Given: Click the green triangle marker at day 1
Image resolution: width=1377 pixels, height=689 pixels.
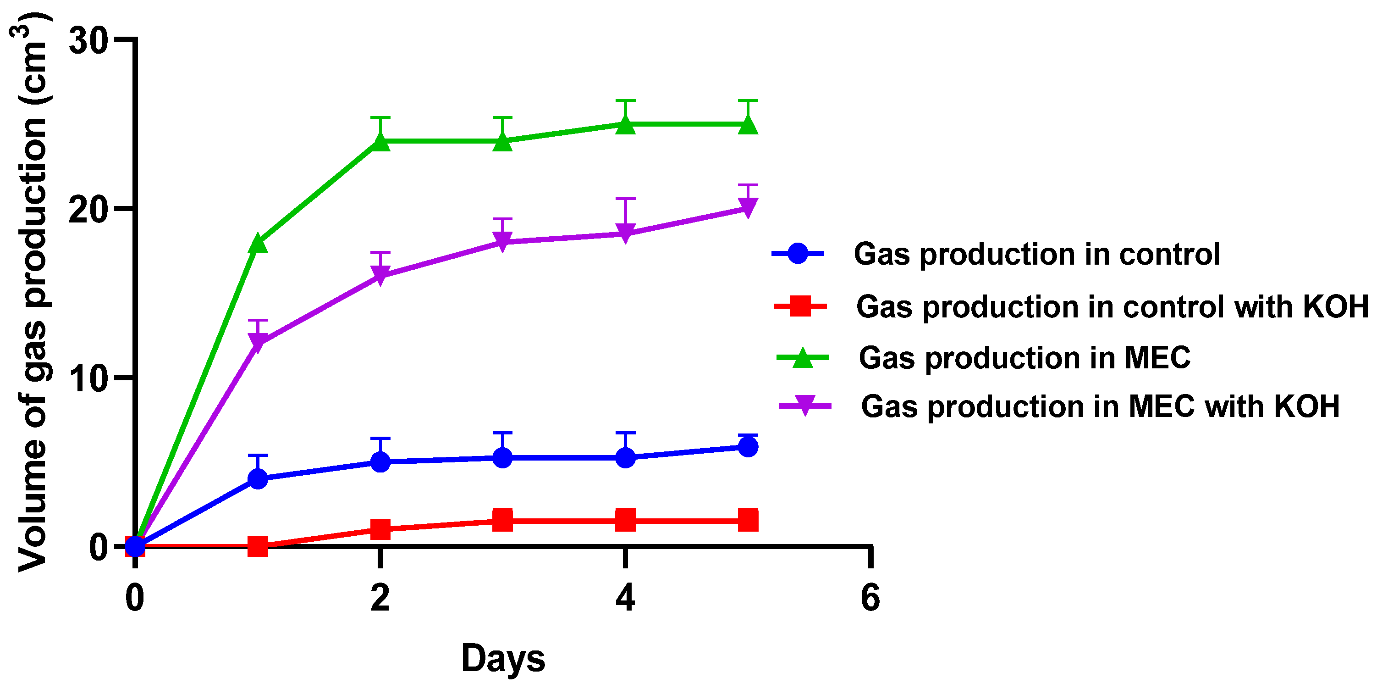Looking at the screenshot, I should [258, 244].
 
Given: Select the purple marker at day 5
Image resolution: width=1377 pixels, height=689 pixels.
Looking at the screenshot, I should [747, 207].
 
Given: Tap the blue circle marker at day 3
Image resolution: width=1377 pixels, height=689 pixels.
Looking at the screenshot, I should [502, 457].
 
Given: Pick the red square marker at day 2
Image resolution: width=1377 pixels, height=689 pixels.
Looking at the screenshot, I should [380, 529].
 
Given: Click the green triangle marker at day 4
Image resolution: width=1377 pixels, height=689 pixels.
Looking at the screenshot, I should [625, 125].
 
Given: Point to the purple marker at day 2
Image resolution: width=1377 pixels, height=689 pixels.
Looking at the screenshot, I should [380, 276].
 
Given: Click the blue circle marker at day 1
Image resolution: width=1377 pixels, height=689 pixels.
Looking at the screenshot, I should [258, 478].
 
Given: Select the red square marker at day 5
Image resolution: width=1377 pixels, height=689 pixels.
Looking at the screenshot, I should [747, 519].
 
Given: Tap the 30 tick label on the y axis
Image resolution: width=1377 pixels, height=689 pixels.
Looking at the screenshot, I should [88, 39].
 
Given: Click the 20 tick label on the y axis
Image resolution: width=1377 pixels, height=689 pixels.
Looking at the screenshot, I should [88, 209].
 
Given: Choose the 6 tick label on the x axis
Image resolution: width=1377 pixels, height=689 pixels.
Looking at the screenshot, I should [870, 598].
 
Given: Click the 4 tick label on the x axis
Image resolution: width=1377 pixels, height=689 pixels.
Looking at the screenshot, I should [625, 598].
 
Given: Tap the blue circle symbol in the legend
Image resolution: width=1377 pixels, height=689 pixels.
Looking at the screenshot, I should [798, 254].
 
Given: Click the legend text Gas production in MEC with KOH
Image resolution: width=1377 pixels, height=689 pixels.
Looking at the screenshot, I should [1100, 406].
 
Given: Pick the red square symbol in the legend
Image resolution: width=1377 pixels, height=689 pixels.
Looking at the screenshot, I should [800, 306].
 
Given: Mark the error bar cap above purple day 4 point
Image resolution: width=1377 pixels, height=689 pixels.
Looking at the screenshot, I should [625, 199].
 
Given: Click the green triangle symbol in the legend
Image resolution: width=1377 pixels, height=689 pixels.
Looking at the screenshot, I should [802, 357].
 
